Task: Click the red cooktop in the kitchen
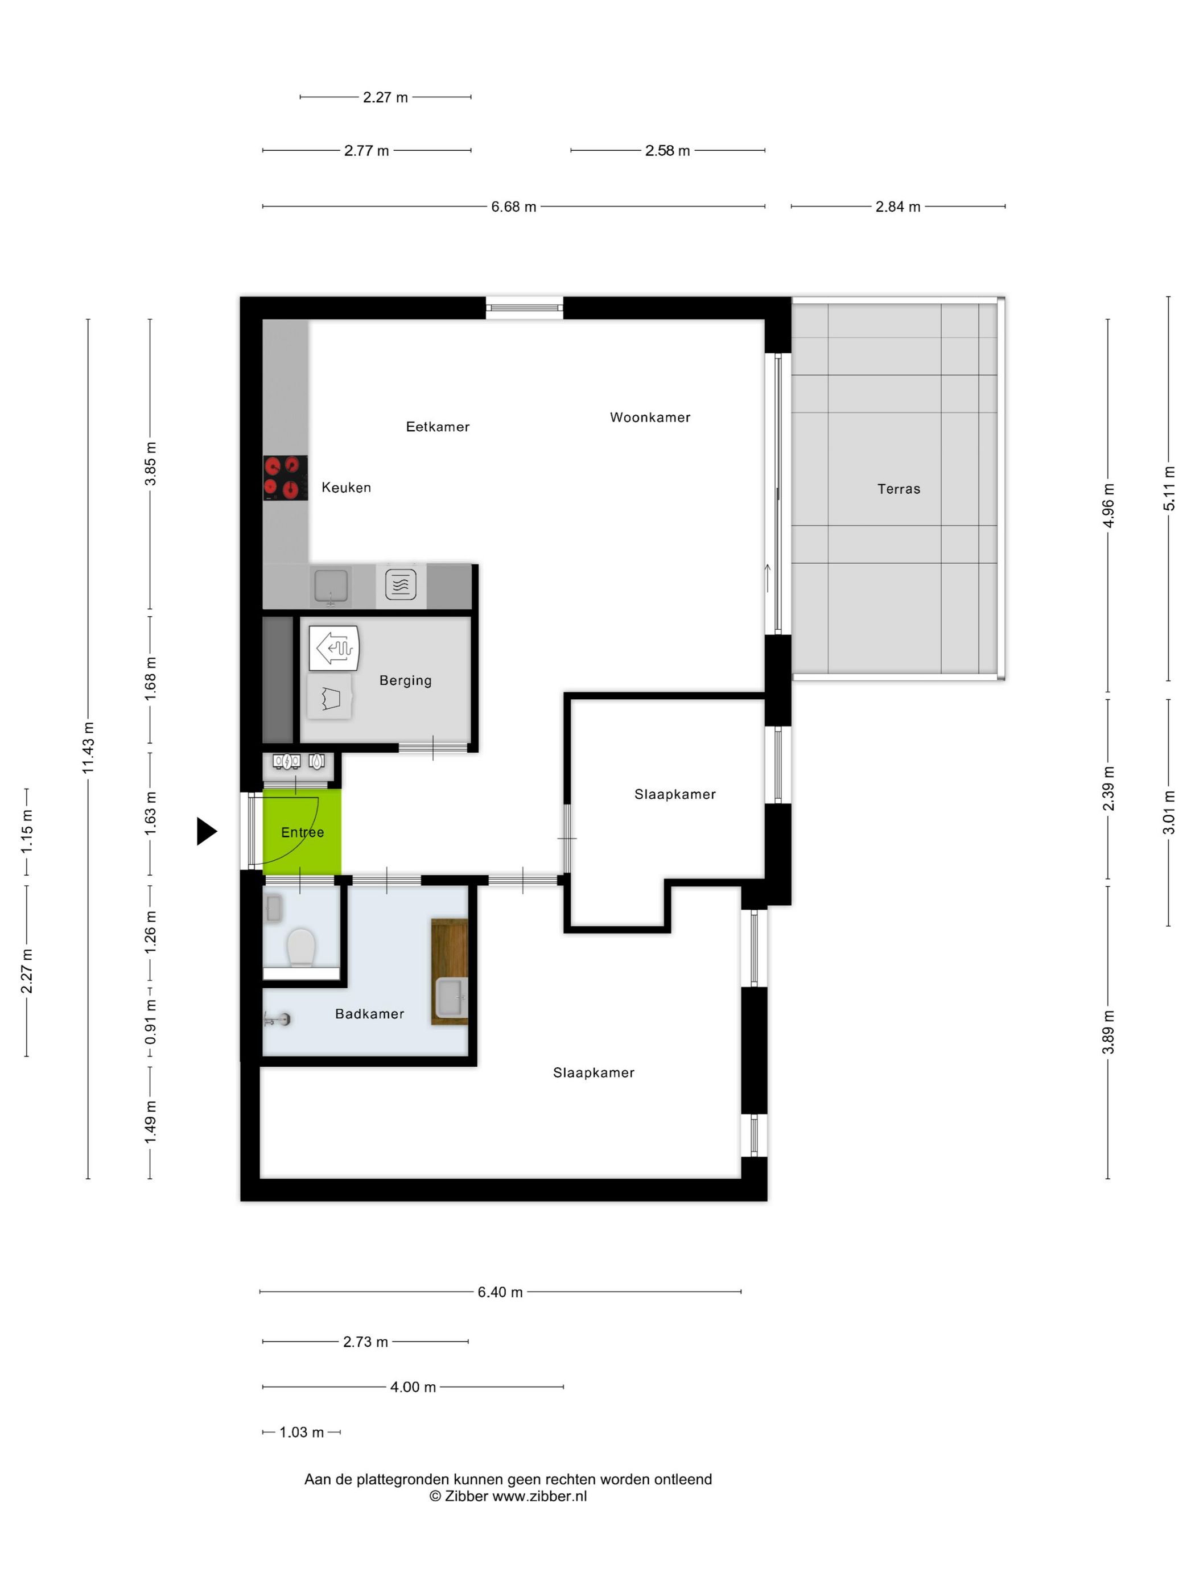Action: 285,477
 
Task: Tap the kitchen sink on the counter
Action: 331,585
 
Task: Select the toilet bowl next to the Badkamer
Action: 301,948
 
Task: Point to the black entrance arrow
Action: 206,831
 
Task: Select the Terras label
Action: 898,489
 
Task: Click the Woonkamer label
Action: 650,417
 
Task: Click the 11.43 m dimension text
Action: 88,748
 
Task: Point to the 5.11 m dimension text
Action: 1168,488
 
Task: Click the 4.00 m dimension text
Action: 413,1387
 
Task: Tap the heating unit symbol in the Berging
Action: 333,647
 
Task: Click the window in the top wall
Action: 524,308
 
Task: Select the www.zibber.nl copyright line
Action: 508,1496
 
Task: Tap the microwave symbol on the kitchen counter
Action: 401,584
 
